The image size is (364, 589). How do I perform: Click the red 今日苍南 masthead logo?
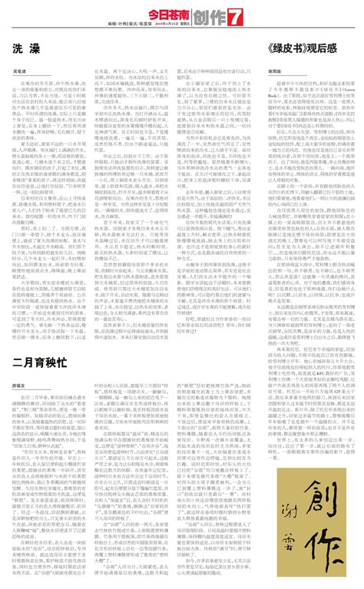167,14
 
